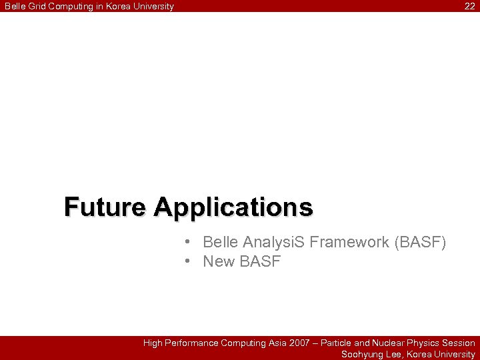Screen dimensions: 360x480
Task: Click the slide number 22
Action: (x=470, y=7)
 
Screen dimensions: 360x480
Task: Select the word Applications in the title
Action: (x=233, y=208)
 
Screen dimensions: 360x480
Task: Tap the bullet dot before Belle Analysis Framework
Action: (x=189, y=241)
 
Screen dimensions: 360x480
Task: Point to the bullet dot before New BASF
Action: (x=189, y=261)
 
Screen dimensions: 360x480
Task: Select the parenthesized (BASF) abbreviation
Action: (x=420, y=242)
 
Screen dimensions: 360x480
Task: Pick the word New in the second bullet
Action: (x=219, y=262)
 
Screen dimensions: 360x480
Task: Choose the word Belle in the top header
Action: (x=14, y=7)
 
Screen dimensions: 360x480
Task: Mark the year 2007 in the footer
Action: (x=299, y=343)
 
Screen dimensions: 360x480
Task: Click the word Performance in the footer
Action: (x=193, y=343)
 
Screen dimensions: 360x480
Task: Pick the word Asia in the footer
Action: (x=276, y=343)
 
